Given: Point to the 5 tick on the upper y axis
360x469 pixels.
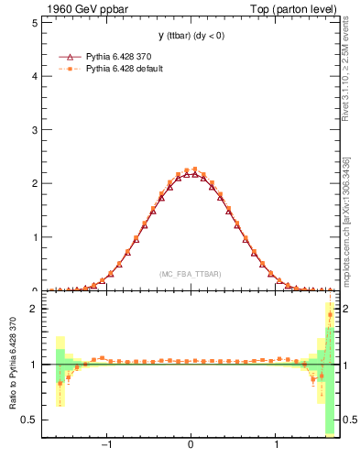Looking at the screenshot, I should pyautogui.click(x=35, y=22).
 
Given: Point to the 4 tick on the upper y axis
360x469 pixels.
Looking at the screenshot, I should pyautogui.click(x=35, y=76).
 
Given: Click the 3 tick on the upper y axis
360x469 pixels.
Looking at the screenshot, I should pyautogui.click(x=35, y=130).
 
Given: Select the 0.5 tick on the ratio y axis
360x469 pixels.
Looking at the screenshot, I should pyautogui.click(x=31, y=420).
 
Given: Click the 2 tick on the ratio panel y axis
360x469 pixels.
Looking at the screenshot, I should pyautogui.click(x=35, y=309).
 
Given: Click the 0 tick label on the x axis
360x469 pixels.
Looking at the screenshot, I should pyautogui.click(x=191, y=449).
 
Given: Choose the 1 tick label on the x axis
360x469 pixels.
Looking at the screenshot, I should pyautogui.click(x=277, y=449).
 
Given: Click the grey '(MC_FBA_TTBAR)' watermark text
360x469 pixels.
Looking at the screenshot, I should pyautogui.click(x=190, y=274).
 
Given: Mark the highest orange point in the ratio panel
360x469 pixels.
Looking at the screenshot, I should pyautogui.click(x=330, y=315).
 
